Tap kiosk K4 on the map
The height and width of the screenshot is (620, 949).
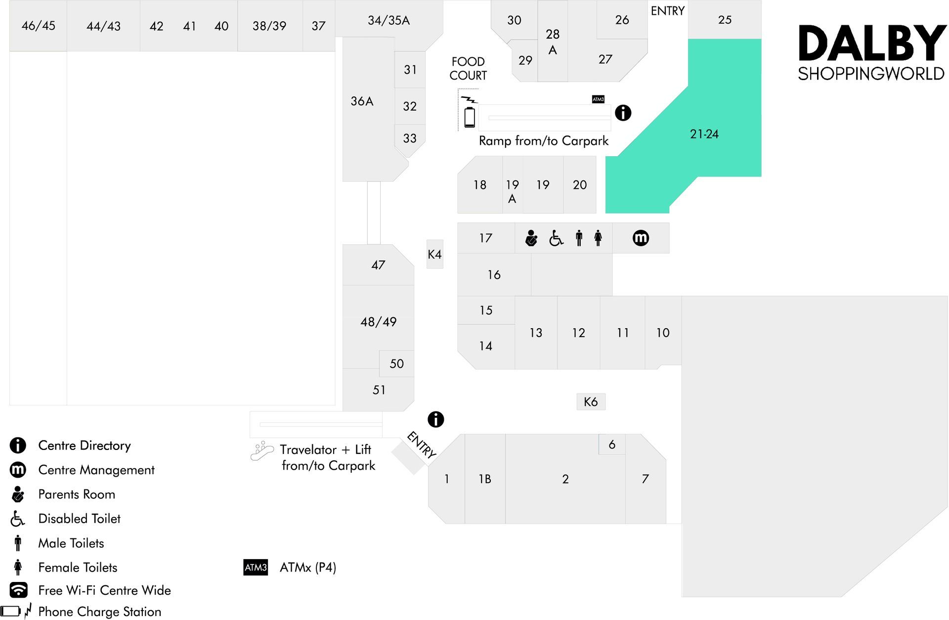click(434, 254)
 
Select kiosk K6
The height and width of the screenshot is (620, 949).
click(591, 401)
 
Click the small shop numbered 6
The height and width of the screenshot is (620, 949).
click(612, 444)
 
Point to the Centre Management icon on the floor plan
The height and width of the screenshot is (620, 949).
click(641, 238)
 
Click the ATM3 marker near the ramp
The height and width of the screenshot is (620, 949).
click(598, 99)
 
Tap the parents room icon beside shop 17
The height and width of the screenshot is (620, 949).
click(531, 238)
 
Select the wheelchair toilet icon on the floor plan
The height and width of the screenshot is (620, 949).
click(556, 238)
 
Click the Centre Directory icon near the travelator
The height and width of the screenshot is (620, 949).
click(435, 419)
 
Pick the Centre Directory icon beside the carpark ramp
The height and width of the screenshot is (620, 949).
click(623, 113)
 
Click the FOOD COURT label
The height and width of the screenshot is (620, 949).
click(468, 68)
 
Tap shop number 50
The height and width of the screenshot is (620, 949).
click(396, 363)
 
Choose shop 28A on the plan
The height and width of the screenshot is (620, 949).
click(553, 42)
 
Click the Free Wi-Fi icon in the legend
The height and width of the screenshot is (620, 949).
click(18, 590)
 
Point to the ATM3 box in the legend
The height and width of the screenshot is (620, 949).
click(256, 567)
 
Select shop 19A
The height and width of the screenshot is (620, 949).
click(512, 191)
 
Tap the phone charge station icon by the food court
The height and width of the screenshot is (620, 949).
click(470, 113)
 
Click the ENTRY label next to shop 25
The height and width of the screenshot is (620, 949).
click(667, 11)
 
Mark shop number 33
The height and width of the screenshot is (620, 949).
click(410, 138)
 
